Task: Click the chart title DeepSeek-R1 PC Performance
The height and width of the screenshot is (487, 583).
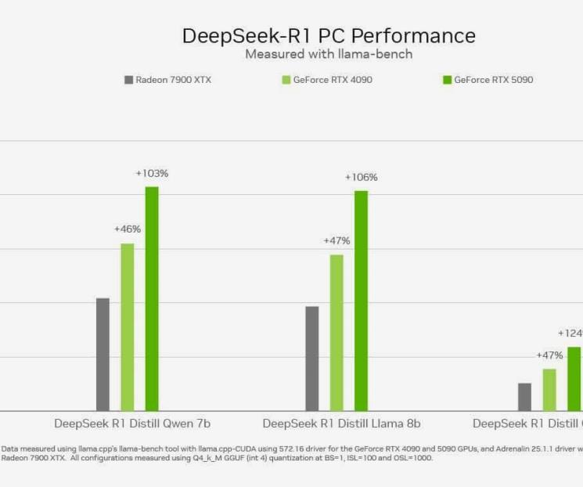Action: click(x=329, y=36)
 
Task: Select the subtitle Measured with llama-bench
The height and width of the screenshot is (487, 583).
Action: click(x=329, y=54)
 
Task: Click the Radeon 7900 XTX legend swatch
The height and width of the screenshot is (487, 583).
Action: click(x=128, y=80)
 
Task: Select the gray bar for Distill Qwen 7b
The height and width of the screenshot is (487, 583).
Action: click(x=103, y=354)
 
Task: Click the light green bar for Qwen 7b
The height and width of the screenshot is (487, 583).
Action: click(x=127, y=326)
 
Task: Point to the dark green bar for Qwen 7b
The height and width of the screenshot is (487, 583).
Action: click(x=152, y=298)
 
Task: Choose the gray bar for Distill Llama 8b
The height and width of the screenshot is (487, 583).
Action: click(x=312, y=358)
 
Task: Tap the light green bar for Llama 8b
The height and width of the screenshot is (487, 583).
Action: click(x=336, y=332)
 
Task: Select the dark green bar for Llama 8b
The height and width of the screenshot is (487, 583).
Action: click(x=361, y=301)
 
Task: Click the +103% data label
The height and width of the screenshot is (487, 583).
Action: click(x=152, y=173)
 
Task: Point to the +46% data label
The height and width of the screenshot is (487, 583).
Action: click(x=128, y=229)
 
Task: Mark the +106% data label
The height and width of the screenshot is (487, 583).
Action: click(x=361, y=178)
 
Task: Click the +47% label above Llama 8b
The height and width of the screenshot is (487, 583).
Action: click(x=336, y=241)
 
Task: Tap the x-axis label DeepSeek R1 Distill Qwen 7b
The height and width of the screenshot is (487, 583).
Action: click(x=132, y=424)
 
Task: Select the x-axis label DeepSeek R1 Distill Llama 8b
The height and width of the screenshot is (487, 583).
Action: click(x=342, y=424)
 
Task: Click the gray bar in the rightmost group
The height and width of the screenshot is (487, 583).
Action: click(x=524, y=396)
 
